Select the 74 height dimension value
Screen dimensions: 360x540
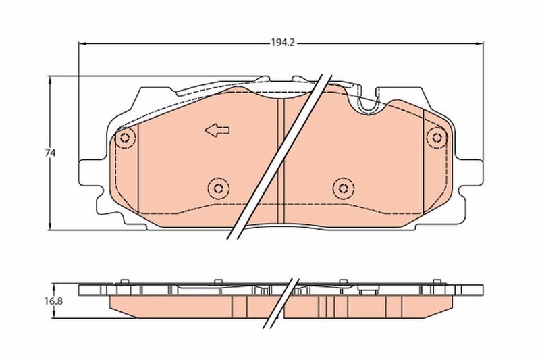pos(50,153)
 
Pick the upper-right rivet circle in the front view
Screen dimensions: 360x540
pos(437,138)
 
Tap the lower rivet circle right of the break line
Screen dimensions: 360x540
pos(343,187)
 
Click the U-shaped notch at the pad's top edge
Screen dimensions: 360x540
pos(369,101)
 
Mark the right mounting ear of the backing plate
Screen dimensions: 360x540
pos(473,173)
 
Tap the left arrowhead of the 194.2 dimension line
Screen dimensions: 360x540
pos(82,43)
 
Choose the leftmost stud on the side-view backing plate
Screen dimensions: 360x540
pos(123,282)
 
